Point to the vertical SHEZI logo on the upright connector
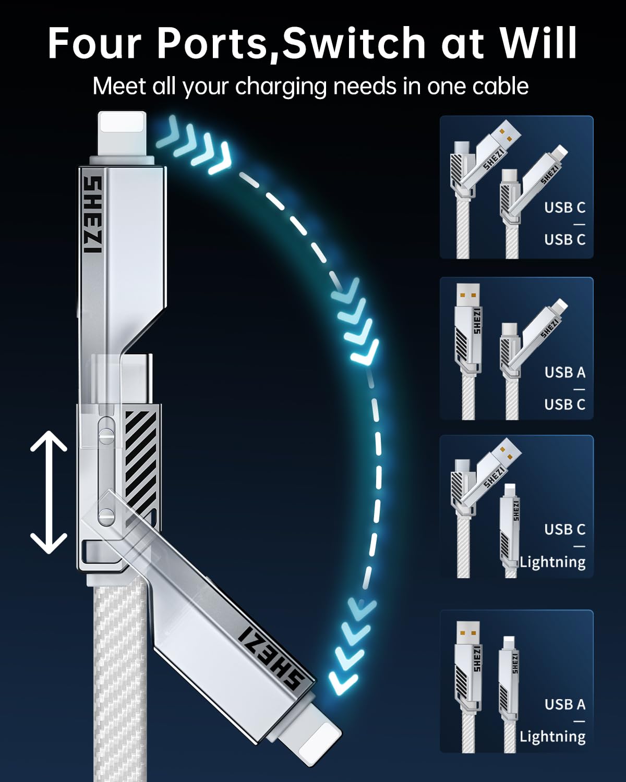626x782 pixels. [92, 214]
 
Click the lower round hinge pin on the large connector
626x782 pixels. [106, 516]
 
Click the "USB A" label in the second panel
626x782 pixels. [564, 372]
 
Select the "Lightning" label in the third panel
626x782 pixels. [552, 561]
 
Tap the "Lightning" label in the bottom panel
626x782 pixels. [552, 736]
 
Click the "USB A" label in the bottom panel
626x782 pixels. [564, 704]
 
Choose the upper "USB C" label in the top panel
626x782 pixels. [564, 207]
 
